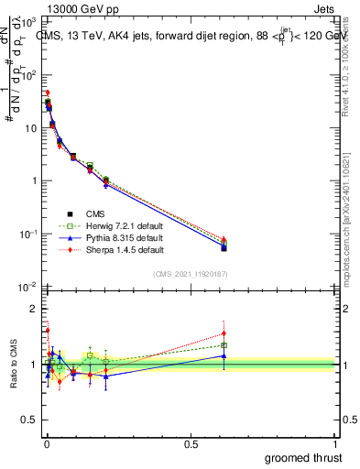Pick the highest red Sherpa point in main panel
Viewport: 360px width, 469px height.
(48, 93)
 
